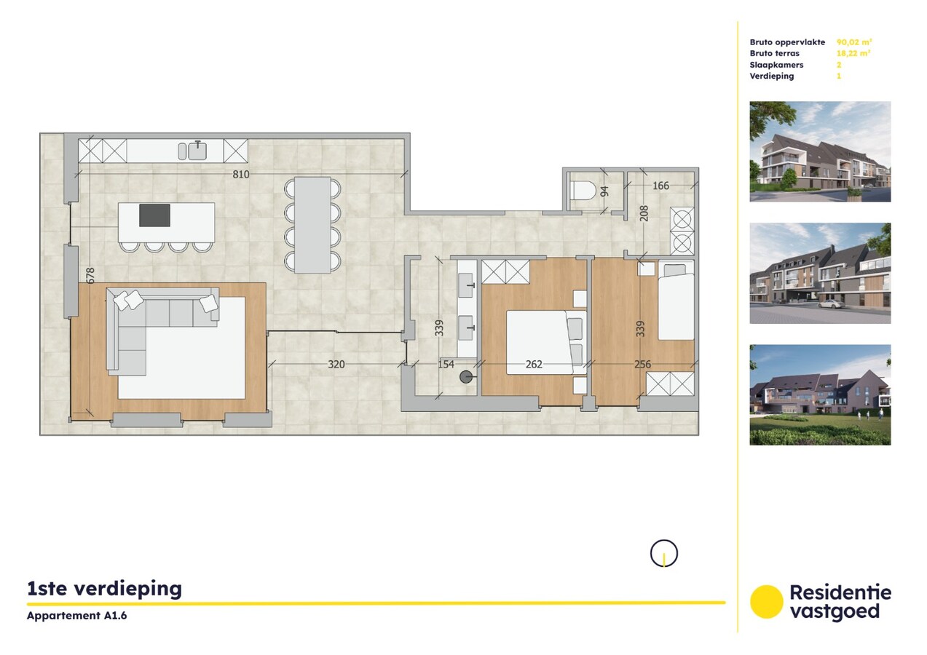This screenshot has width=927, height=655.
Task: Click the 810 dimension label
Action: (241, 175)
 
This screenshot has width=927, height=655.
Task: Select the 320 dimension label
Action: (336, 364)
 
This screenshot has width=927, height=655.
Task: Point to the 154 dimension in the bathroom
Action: (445, 364)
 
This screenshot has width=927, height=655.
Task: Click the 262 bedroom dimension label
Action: (534, 364)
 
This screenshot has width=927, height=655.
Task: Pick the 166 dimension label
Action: (660, 186)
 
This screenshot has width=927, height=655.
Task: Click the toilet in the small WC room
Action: (584, 191)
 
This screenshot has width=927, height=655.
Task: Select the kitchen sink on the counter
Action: (197, 151)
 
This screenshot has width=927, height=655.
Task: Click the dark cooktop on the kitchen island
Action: (154, 215)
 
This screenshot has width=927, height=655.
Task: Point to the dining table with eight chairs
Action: (312, 225)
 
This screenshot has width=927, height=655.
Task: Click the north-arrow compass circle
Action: (663, 554)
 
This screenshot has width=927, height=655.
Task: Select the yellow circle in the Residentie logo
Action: (766, 602)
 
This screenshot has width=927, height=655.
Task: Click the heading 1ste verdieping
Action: (104, 588)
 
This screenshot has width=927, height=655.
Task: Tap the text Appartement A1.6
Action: (71, 616)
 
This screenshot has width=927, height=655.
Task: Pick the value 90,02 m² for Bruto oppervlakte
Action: (854, 42)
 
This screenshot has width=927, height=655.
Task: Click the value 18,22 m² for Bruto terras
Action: (853, 53)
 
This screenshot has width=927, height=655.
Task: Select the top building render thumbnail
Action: (820, 151)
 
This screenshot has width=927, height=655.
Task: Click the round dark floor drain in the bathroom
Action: (466, 376)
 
